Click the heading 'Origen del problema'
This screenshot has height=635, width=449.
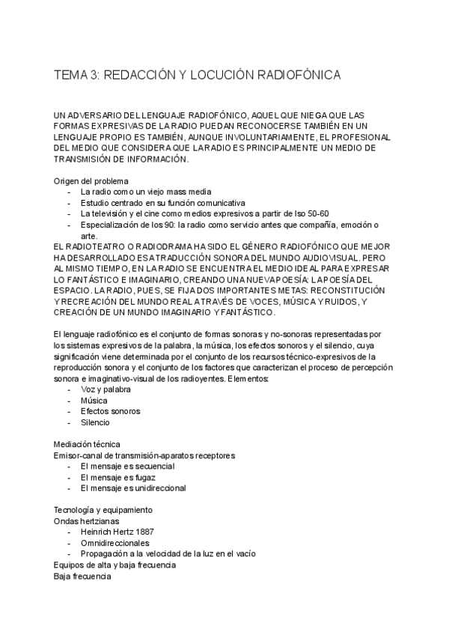pyautogui.click(x=91, y=180)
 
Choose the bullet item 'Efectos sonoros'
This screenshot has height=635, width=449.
pyautogui.click(x=110, y=411)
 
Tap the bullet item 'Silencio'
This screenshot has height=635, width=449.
pyautogui.click(x=95, y=422)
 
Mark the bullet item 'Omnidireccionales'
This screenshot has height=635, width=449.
pyautogui.click(x=114, y=543)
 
